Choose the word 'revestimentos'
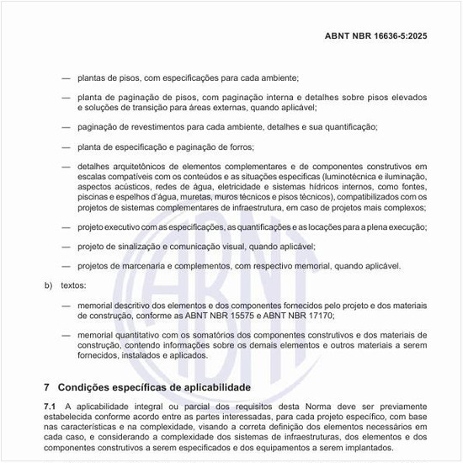[x=155, y=127]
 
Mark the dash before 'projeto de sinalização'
[x=66, y=247]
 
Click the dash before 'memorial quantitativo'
[x=66, y=334]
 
